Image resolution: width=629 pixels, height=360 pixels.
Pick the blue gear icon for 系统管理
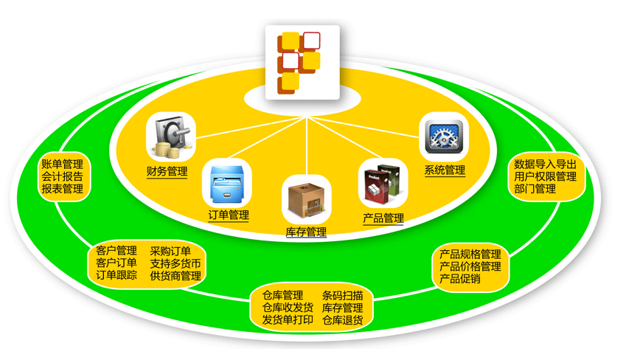point(445,138)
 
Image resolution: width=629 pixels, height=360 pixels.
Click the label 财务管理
point(167,172)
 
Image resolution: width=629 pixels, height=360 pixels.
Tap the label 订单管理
point(229,215)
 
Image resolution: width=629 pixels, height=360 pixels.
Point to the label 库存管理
point(306,232)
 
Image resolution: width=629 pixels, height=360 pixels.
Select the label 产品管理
point(383,218)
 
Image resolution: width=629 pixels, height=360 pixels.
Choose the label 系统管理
point(445,170)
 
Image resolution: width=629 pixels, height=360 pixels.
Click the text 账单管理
point(62,164)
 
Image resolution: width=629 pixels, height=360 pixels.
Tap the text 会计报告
point(62,176)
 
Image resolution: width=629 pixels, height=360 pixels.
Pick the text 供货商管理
point(176,276)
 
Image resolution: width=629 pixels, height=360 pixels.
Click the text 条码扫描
point(342,295)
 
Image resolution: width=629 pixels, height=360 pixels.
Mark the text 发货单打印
point(288,320)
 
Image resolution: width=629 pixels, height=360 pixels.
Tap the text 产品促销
point(459,279)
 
